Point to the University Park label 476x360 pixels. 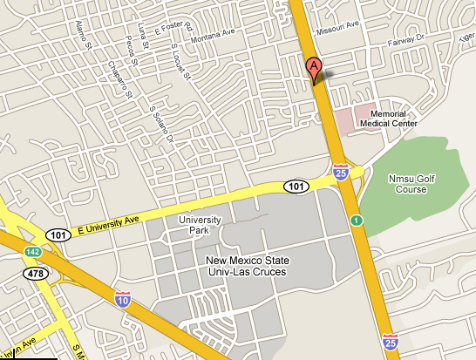click(x=200, y=225)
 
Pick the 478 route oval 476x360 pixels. click(x=34, y=274)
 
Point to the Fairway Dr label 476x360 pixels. click(x=406, y=37)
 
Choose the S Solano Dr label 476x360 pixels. click(x=162, y=121)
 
